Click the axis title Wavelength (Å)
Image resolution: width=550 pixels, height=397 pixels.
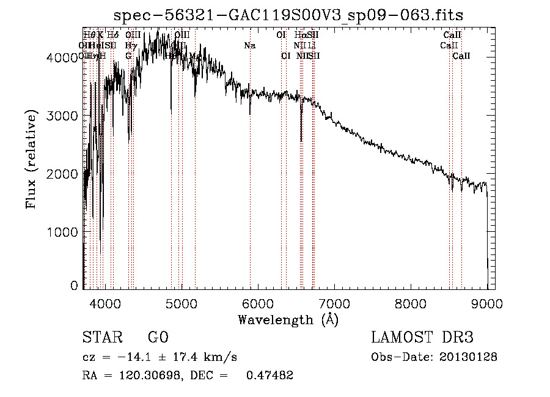coord(288,319)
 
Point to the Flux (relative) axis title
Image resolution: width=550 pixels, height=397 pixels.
coord(31,159)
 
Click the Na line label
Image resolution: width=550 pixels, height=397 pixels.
coord(249,46)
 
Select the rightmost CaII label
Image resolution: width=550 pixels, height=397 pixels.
coord(461,56)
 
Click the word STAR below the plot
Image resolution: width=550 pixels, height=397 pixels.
coord(101,338)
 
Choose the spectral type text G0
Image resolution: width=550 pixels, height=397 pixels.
coord(158,338)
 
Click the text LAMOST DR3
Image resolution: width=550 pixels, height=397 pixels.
coord(422,338)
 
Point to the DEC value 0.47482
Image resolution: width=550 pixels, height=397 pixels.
coord(269,376)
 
